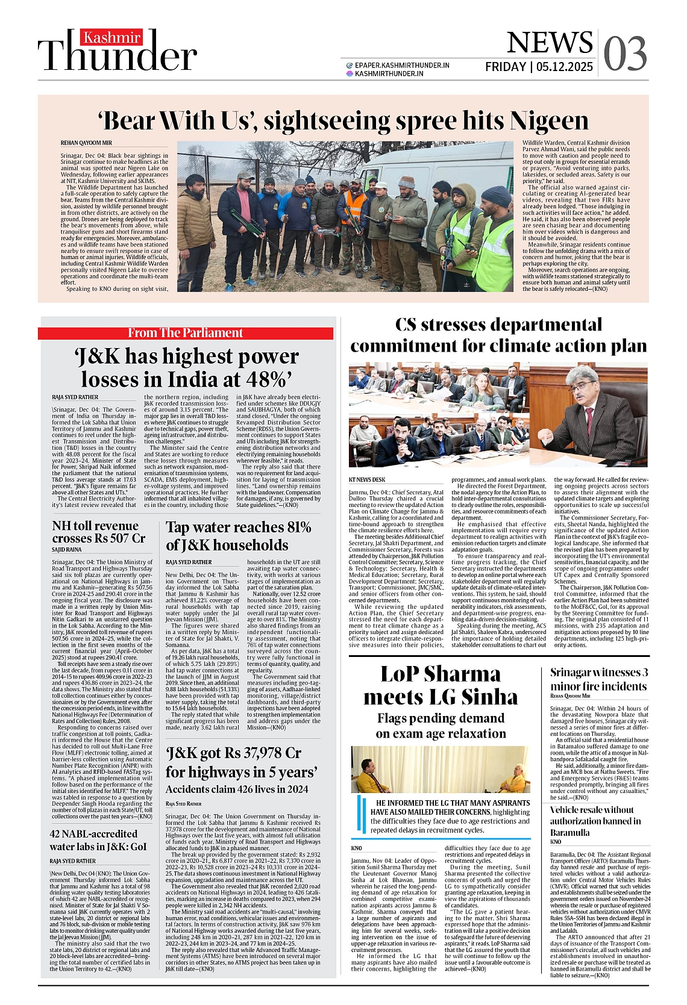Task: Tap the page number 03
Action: coord(625,54)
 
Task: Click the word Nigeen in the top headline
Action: coord(548,120)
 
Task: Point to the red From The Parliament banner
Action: coord(186,333)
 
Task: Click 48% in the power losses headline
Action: coord(264,380)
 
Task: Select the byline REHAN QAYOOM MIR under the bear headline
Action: coord(86,143)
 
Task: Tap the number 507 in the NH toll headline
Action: coord(116,538)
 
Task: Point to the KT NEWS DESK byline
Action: coord(366,480)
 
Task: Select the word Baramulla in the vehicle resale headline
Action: coord(570,833)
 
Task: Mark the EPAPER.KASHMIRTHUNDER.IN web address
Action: coord(402,65)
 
